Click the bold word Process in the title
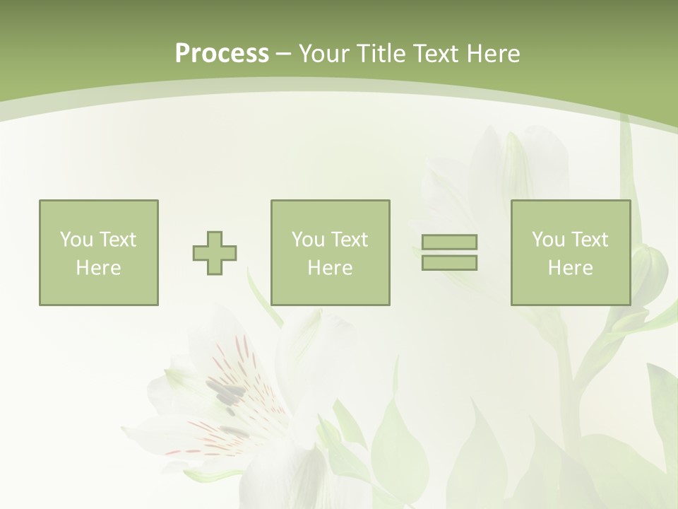222,54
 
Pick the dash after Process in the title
283,54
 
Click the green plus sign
215,252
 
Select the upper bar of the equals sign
449,242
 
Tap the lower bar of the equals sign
449,262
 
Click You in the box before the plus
76,240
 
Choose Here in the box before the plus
98,268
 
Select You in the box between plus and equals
308,240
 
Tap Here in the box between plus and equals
330,268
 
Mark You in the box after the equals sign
548,240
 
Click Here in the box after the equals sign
570,268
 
